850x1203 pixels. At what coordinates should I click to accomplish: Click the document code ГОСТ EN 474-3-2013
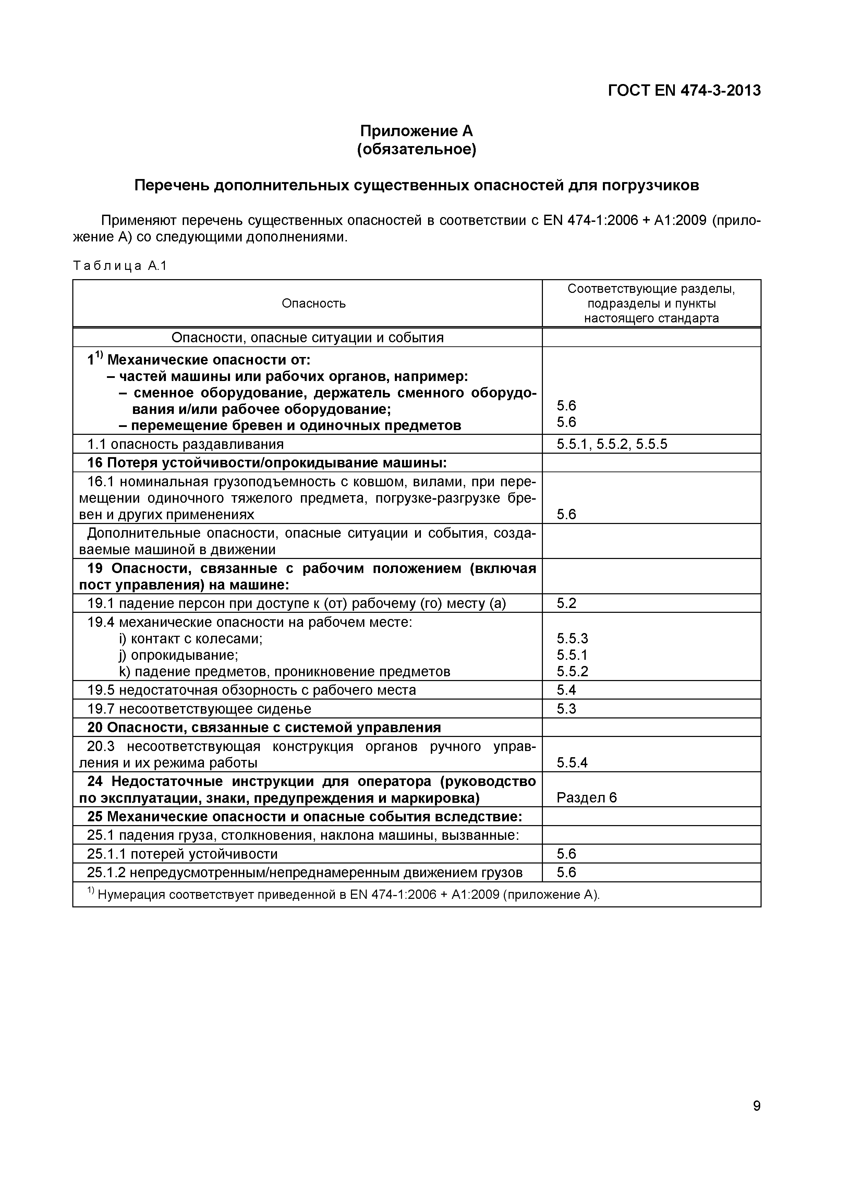coord(684,91)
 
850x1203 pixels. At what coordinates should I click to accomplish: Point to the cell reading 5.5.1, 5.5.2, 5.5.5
coord(612,444)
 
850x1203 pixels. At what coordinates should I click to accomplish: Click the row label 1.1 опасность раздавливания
coord(185,444)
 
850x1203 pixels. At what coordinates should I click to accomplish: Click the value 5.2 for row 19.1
coord(566,603)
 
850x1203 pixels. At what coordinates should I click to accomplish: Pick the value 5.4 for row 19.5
coord(566,690)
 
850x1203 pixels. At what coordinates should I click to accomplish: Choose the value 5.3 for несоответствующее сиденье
coord(566,708)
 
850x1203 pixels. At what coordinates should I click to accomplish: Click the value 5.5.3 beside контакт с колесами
coord(572,638)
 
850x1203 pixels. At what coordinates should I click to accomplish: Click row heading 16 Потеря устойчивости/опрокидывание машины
coord(267,463)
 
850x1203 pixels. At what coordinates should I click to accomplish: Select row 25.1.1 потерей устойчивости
coord(182,854)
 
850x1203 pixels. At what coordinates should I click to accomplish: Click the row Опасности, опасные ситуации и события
coord(307,337)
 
